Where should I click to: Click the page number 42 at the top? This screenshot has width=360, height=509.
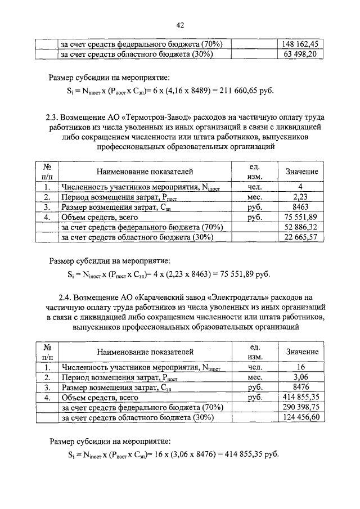180,25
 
